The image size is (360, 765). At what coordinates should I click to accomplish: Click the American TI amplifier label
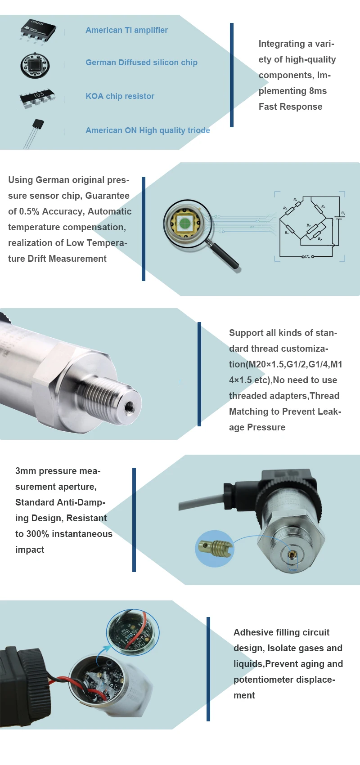click(x=126, y=30)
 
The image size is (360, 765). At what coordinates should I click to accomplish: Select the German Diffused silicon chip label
click(x=141, y=63)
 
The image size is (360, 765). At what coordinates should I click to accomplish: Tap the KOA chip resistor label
click(x=120, y=96)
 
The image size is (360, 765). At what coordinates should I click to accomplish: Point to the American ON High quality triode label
click(x=148, y=130)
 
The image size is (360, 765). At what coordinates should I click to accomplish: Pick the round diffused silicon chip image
click(x=35, y=66)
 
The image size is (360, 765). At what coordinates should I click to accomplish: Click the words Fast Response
click(x=290, y=107)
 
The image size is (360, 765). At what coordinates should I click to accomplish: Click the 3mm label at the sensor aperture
click(x=292, y=570)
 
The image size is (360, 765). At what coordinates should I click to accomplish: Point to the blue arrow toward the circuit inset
click(x=103, y=652)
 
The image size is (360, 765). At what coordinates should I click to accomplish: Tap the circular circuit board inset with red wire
click(x=132, y=631)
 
